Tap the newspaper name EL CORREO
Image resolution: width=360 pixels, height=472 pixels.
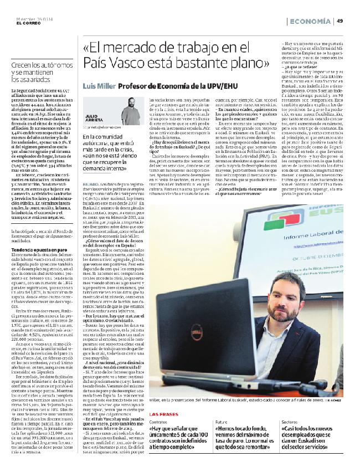pos(20,23)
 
